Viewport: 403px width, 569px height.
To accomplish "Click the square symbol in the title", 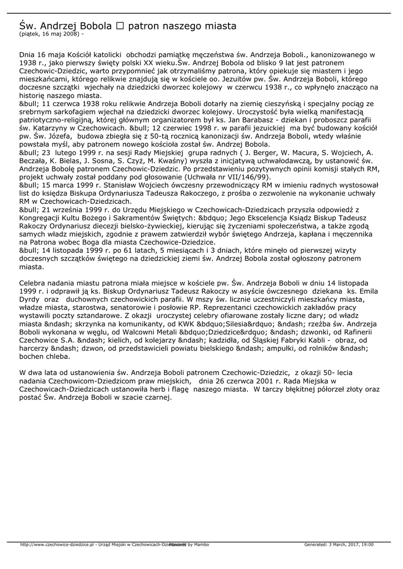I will pos(120,26).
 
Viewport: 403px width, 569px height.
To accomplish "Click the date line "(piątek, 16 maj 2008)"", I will pos(49,34).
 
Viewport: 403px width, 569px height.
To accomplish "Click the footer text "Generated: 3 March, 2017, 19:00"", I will pos(339,545).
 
